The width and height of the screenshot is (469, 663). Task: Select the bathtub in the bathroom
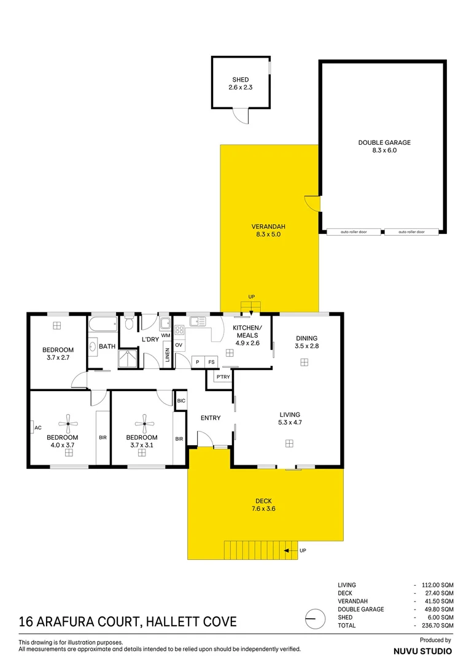pyautogui.click(x=103, y=324)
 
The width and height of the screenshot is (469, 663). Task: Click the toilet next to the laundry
pyautogui.click(x=129, y=323)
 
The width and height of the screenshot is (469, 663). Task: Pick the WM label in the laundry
pyautogui.click(x=165, y=336)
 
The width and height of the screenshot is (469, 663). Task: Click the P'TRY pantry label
pyautogui.click(x=222, y=377)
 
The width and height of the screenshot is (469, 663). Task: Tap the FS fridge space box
pyautogui.click(x=211, y=362)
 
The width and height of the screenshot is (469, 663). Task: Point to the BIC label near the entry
pyautogui.click(x=181, y=401)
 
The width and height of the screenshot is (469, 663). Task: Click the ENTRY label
pyautogui.click(x=211, y=418)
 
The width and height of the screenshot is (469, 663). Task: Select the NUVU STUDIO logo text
pyautogui.click(x=422, y=651)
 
